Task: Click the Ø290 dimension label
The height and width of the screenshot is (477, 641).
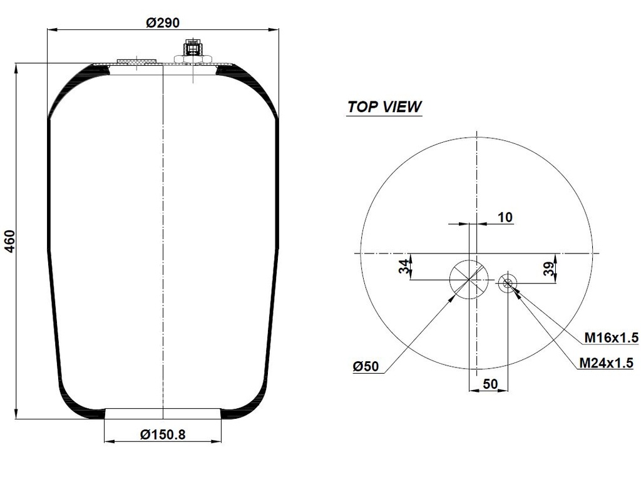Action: (163, 23)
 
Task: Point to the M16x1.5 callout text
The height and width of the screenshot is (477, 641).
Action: (611, 338)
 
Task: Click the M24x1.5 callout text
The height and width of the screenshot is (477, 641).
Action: (606, 362)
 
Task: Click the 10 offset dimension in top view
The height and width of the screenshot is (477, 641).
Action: (505, 217)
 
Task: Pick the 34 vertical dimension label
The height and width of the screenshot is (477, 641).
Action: (405, 266)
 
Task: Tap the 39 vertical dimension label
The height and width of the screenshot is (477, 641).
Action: (548, 269)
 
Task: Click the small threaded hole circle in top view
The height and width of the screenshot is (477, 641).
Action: (508, 284)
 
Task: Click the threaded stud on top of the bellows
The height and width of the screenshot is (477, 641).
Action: (190, 49)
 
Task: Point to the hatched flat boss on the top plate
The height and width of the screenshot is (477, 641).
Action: (136, 62)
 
